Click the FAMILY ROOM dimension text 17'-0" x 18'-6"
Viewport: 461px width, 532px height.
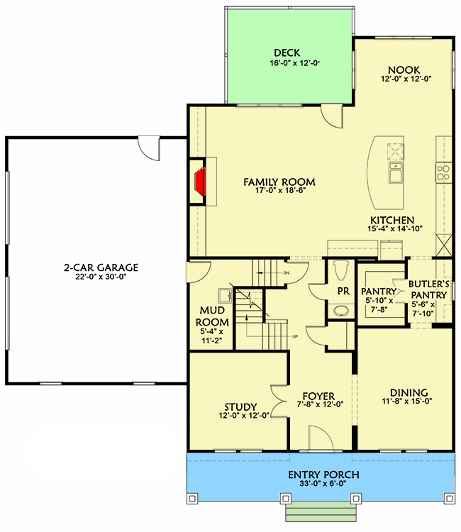tap(279, 192)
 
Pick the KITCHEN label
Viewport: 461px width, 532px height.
tap(391, 220)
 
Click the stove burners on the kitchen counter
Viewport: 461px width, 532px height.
tap(443, 172)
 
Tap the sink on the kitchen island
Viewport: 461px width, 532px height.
tap(394, 172)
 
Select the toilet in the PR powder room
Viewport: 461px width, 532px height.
tap(338, 271)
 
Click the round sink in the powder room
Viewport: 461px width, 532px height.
tap(341, 310)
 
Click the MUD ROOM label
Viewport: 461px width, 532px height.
tap(213, 316)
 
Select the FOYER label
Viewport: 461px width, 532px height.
tap(314, 396)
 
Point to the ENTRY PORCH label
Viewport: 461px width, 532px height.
tap(323, 475)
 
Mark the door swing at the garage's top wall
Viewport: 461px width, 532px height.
tap(150, 148)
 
